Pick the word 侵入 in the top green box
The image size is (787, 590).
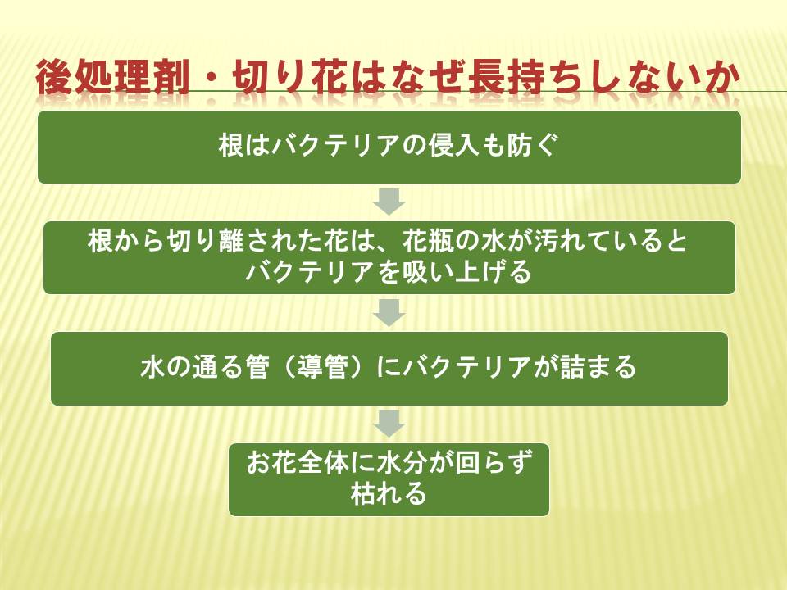coord(455,146)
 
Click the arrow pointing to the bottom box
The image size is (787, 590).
coord(389,424)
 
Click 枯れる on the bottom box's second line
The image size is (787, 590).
coord(389,494)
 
